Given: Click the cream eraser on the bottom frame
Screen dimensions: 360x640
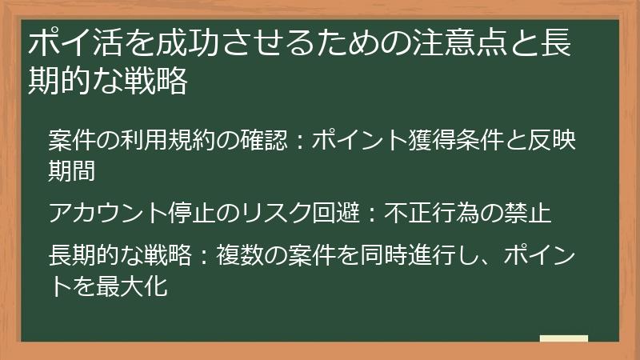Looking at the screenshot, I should coord(563,338).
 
